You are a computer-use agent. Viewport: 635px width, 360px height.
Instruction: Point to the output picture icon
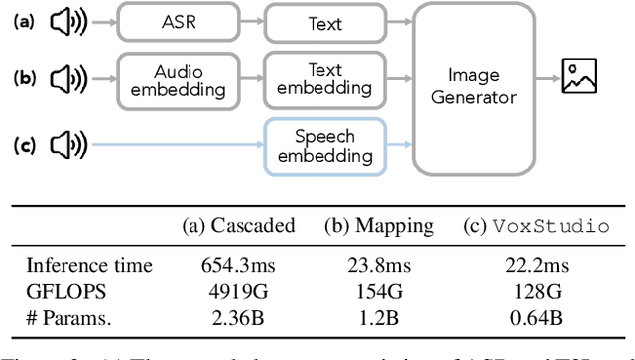pos(579,77)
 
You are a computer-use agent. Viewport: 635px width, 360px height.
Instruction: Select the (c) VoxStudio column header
pos(537,225)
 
